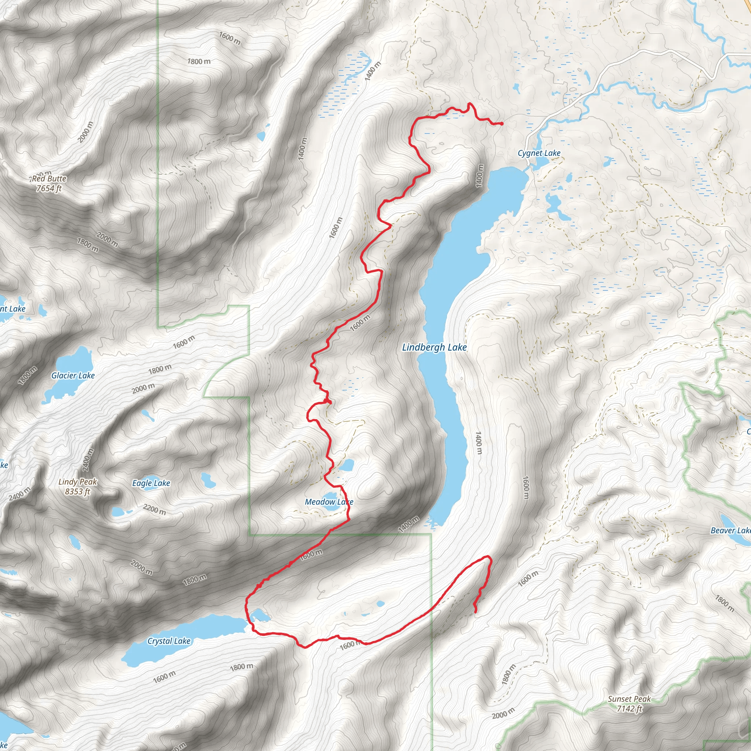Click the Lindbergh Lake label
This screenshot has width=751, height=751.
click(434, 347)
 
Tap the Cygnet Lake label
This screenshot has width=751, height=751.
click(539, 153)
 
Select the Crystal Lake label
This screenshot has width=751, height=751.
click(169, 641)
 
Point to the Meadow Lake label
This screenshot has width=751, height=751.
click(329, 502)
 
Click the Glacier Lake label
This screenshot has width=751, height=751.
click(73, 375)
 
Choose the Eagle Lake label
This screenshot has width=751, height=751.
click(151, 483)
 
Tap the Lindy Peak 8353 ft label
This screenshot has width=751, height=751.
click(78, 487)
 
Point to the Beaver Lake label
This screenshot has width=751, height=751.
click(730, 531)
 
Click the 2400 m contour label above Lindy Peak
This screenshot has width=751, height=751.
click(89, 459)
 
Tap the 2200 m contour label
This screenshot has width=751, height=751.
click(155, 509)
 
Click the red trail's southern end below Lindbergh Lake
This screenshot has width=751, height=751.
click(476, 612)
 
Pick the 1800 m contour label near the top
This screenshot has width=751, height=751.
click(199, 61)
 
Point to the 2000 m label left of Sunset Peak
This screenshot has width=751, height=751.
click(503, 714)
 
